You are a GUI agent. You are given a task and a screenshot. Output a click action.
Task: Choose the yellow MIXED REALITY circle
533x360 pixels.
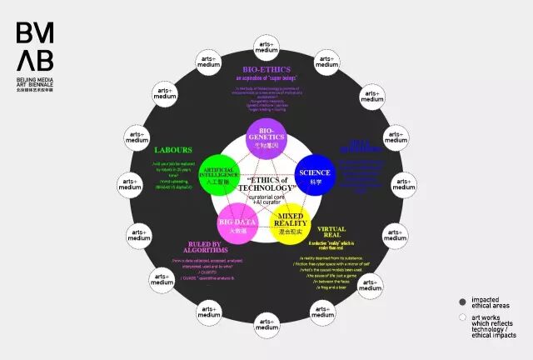(x=294, y=222)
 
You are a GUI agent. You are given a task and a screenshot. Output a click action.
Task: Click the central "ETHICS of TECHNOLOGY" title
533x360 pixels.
(x=267, y=183)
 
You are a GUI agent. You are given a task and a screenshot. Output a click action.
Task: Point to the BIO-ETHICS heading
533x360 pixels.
(x=266, y=70)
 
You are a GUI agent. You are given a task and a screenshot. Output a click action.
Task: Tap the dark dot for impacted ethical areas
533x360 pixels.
(x=462, y=302)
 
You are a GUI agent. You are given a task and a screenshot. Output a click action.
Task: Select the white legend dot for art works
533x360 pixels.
(x=462, y=317)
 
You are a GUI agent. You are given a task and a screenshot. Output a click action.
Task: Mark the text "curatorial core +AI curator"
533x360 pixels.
(x=266, y=200)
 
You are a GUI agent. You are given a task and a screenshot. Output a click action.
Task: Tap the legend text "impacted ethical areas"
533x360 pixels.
(x=490, y=302)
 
